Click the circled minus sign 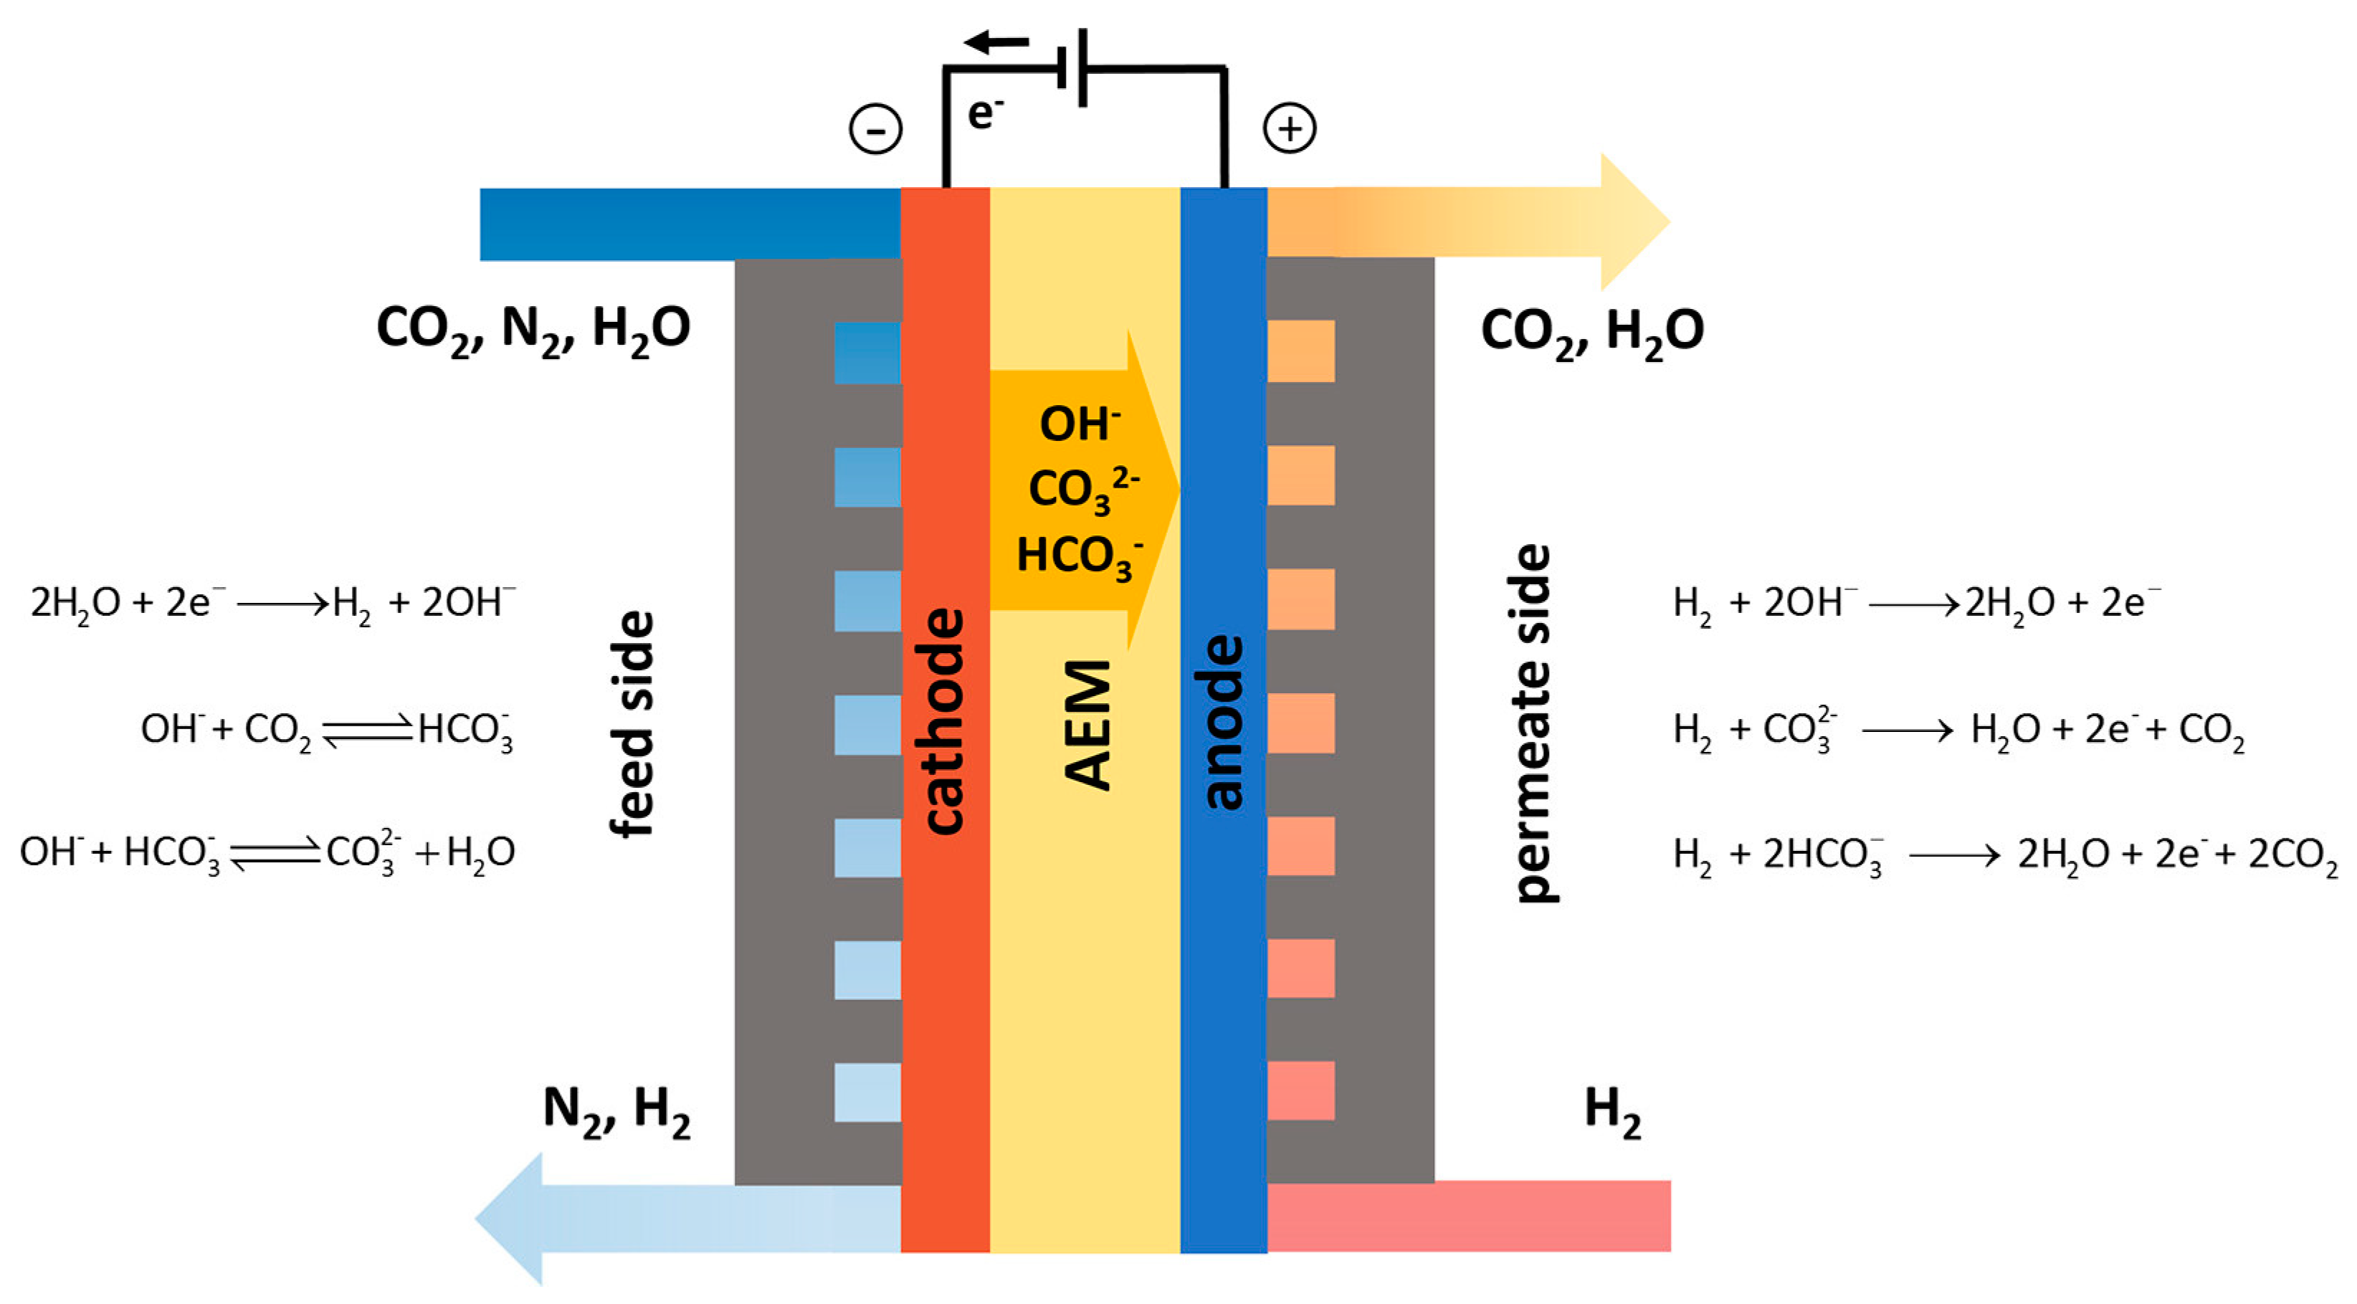point(876,129)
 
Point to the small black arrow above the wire point(996,41)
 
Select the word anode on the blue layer point(1224,723)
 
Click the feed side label point(632,723)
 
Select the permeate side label point(1533,723)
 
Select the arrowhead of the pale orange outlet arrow point(1633,222)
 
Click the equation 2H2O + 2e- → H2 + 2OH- point(272,604)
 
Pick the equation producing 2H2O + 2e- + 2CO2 point(2004,855)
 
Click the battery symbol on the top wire point(1072,67)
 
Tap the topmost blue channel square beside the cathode point(867,352)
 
